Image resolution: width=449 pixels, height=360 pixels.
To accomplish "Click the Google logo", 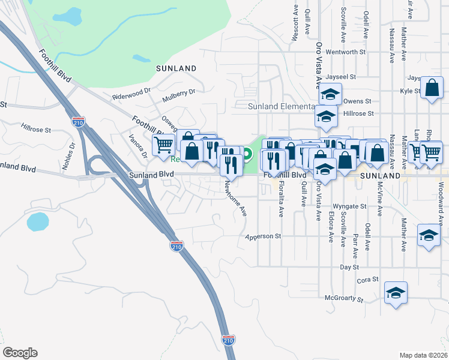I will click(x=20, y=353).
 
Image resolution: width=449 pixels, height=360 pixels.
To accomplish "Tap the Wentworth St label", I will click(x=346, y=52).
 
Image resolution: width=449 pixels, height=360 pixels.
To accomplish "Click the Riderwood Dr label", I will click(x=131, y=95).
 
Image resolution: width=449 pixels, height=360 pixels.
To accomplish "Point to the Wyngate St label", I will click(x=349, y=206).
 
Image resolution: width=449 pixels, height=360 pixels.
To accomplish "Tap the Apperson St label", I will click(x=263, y=236).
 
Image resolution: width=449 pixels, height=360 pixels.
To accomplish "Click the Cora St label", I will click(x=367, y=280).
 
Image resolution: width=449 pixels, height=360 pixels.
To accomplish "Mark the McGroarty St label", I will click(x=344, y=298).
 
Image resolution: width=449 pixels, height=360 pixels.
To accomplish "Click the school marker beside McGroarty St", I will click(x=396, y=293).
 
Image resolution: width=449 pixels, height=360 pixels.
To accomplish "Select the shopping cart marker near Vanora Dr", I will click(x=163, y=145).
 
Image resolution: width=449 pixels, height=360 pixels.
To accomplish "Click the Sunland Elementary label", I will click(x=281, y=106).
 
